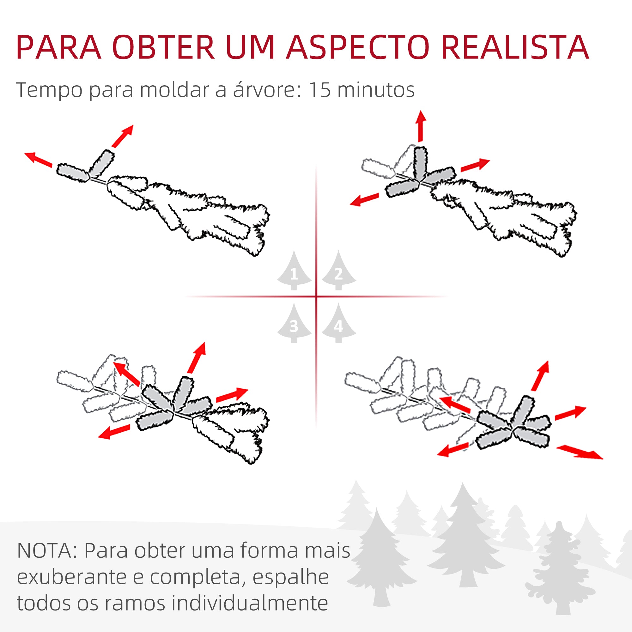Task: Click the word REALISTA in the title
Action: (x=515, y=48)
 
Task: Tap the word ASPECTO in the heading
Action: (x=357, y=48)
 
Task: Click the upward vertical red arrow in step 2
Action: (x=421, y=126)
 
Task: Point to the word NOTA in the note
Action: (x=46, y=551)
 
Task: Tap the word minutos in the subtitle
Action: (x=375, y=90)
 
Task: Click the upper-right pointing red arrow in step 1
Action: (x=122, y=136)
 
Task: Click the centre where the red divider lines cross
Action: (x=316, y=297)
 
